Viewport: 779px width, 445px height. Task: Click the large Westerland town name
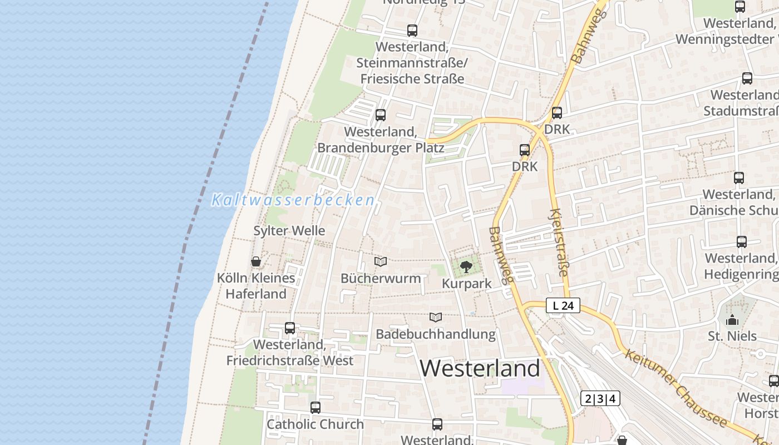(480, 368)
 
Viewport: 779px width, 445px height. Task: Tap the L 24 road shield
(563, 305)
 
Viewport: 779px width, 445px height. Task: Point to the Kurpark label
(467, 284)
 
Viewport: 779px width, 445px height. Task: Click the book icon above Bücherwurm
(381, 261)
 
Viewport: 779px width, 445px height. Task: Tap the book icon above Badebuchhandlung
(436, 318)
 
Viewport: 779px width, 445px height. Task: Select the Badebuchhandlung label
(436, 334)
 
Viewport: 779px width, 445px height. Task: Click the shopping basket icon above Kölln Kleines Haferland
(256, 261)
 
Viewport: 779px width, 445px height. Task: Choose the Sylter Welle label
(289, 231)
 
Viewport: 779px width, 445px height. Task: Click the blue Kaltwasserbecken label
(293, 200)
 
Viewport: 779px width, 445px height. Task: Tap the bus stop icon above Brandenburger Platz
(381, 115)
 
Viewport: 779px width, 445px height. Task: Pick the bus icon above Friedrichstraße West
(290, 328)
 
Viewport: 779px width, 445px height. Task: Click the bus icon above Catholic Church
(315, 408)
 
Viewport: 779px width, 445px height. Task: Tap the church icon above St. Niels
(732, 320)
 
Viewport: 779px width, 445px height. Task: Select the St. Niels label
(732, 336)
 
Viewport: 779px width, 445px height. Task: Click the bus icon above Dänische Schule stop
(739, 178)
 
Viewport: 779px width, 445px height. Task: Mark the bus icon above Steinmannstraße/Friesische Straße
(412, 31)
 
